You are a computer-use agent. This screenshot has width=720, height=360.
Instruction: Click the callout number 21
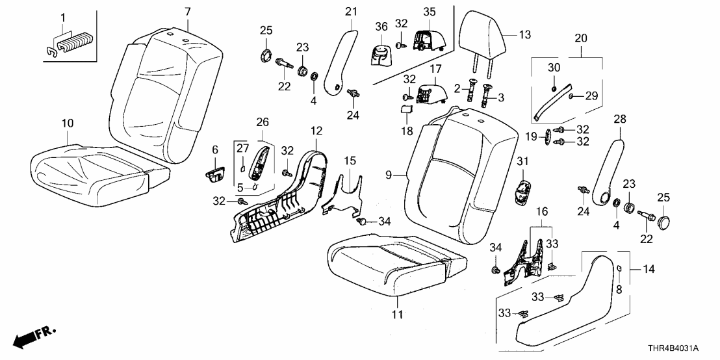(352, 11)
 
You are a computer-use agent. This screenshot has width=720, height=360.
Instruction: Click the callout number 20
(581, 38)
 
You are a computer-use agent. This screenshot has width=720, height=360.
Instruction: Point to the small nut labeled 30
(553, 88)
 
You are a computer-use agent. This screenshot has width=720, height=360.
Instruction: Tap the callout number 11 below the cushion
(398, 315)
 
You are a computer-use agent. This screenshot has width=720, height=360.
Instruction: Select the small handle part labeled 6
(215, 174)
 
